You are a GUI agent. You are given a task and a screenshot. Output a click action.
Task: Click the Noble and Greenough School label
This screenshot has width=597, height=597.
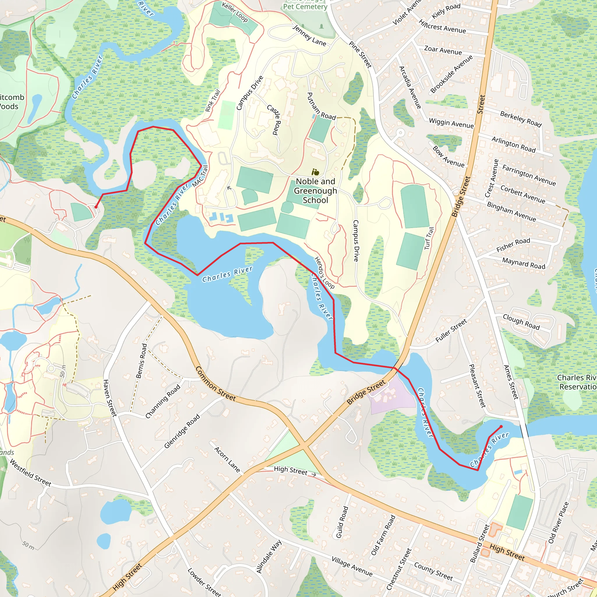(315, 191)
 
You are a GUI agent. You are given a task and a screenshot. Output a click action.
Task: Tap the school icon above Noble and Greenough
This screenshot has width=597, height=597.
(315, 172)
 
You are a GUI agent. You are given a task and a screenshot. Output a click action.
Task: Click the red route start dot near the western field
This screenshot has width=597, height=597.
(96, 207)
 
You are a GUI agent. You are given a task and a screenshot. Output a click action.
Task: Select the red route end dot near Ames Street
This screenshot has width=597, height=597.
(501, 427)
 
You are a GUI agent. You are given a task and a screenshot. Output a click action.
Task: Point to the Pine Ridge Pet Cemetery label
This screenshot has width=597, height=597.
(305, 5)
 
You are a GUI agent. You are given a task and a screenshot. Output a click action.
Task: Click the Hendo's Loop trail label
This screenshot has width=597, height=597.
(324, 273)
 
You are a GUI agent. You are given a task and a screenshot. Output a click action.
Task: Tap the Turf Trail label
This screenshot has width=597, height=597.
(429, 238)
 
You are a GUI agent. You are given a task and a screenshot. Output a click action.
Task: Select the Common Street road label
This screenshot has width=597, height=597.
(215, 384)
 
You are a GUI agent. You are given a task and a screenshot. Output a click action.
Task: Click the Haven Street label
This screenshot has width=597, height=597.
(110, 398)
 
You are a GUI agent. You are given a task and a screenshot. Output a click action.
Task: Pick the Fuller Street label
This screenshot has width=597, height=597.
(451, 331)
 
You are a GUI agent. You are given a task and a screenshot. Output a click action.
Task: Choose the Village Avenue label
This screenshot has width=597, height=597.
(352, 566)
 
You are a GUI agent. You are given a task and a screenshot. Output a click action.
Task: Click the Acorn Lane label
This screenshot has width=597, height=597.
(227, 459)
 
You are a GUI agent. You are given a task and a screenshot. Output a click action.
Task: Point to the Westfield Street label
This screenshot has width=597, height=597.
(30, 473)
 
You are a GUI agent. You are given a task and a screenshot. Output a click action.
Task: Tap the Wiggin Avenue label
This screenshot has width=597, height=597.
(451, 123)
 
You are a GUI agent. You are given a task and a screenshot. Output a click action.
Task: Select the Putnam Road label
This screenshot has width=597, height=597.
(321, 107)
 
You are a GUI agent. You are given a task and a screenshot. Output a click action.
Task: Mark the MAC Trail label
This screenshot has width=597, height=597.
(200, 176)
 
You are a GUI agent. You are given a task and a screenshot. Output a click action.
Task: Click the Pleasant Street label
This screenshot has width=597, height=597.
(478, 386)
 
